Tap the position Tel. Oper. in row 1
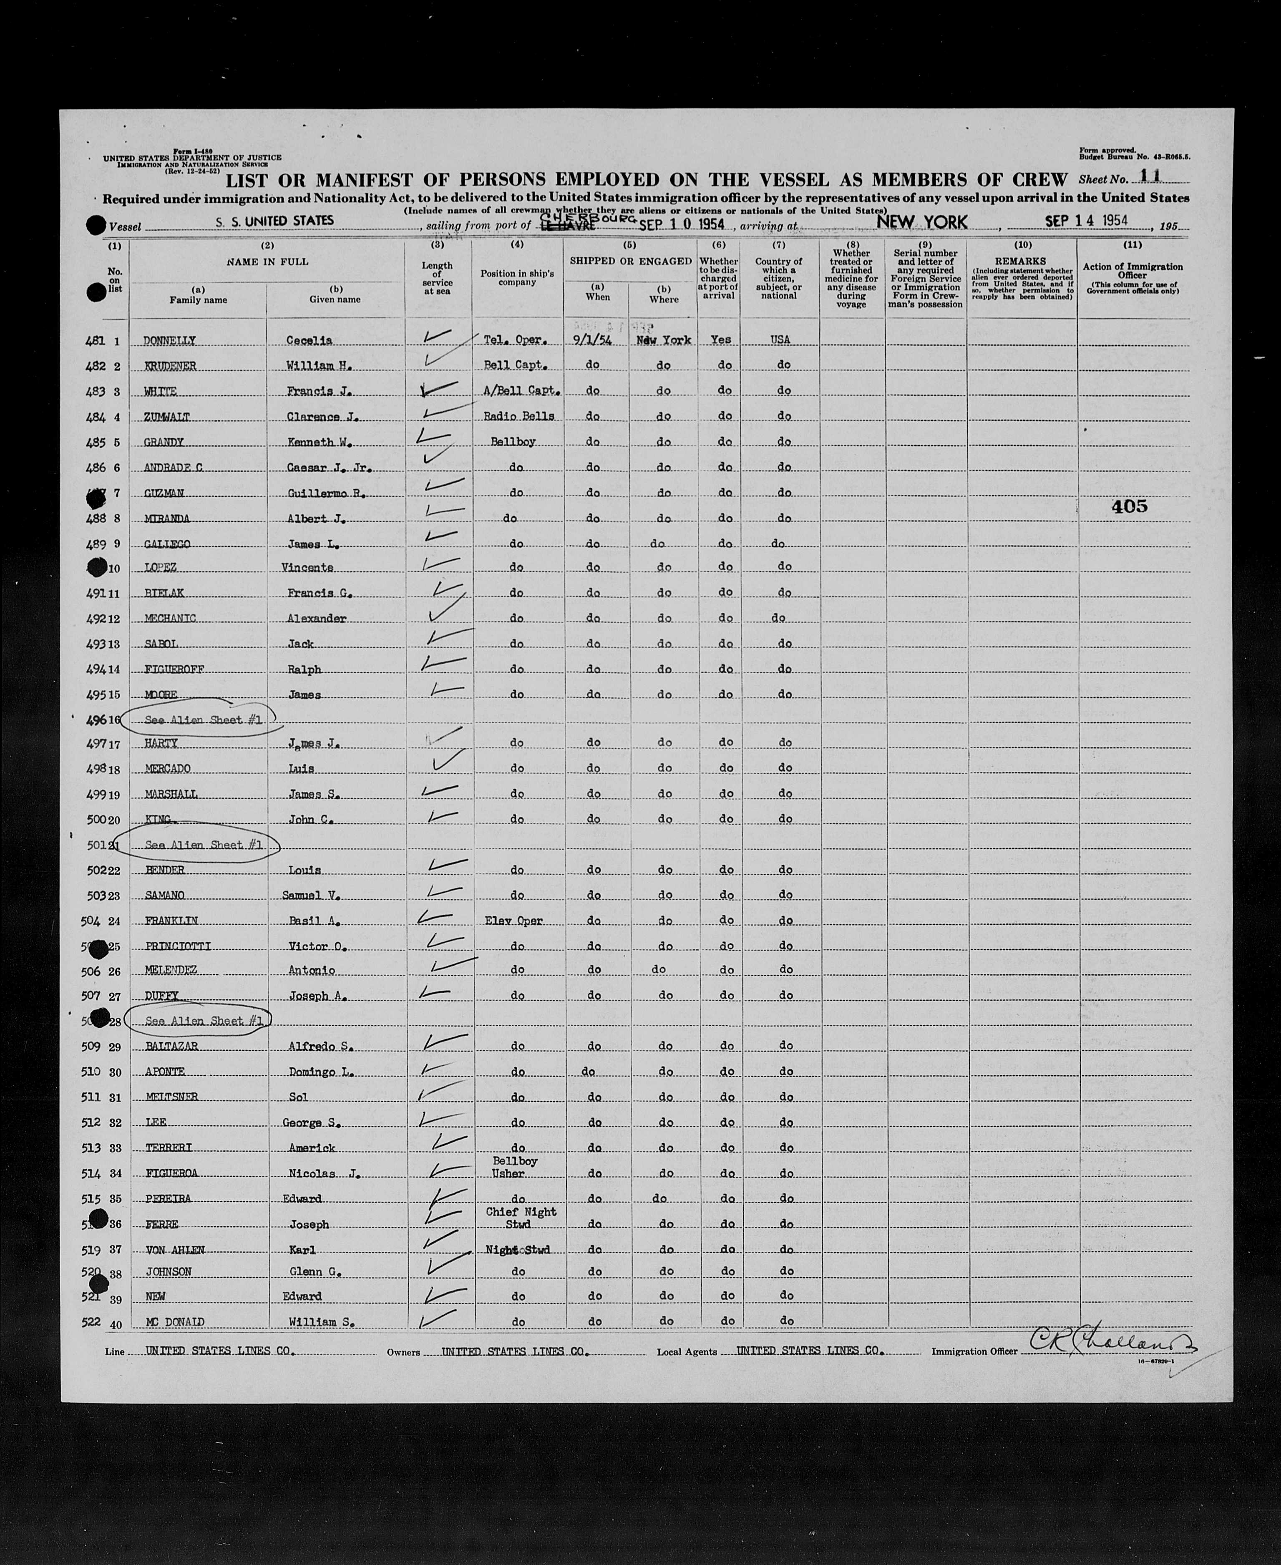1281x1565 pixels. pyautogui.click(x=516, y=340)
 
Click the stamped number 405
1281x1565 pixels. pyautogui.click(x=1130, y=506)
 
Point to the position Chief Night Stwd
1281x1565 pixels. pyautogui.click(x=521, y=1218)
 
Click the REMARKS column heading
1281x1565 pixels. pyautogui.click(x=1021, y=261)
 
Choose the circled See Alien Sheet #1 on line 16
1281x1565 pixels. pyautogui.click(x=203, y=720)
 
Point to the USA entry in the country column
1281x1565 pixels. pyautogui.click(x=780, y=340)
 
